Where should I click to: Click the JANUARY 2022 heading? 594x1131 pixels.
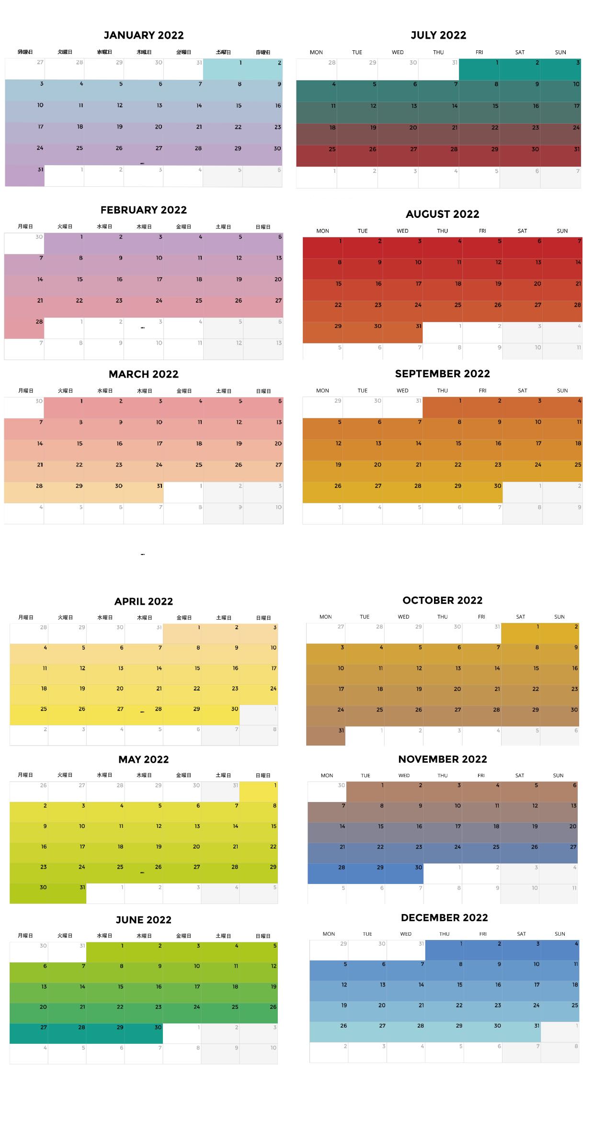(x=144, y=35)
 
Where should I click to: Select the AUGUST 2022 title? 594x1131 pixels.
(x=442, y=214)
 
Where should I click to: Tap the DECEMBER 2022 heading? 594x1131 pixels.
(x=444, y=917)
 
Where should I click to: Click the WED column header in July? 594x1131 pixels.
(x=398, y=52)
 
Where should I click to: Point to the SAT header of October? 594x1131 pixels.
(x=521, y=617)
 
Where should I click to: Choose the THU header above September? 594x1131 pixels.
(x=442, y=391)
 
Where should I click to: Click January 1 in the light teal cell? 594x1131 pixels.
(x=223, y=69)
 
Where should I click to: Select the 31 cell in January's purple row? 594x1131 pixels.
(x=25, y=175)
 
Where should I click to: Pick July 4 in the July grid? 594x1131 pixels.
(x=317, y=91)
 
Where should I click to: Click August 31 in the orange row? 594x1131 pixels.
(x=403, y=332)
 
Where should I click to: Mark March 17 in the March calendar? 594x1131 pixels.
(x=144, y=450)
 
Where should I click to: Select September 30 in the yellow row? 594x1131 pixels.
(x=482, y=492)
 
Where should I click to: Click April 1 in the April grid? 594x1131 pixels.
(x=182, y=633)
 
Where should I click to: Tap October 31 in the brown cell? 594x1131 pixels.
(x=326, y=735)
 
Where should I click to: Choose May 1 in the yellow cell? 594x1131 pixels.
(x=259, y=792)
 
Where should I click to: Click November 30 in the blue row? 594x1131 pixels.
(x=404, y=873)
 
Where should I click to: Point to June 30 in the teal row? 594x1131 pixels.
(x=144, y=1033)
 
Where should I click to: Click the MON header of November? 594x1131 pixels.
(x=327, y=775)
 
